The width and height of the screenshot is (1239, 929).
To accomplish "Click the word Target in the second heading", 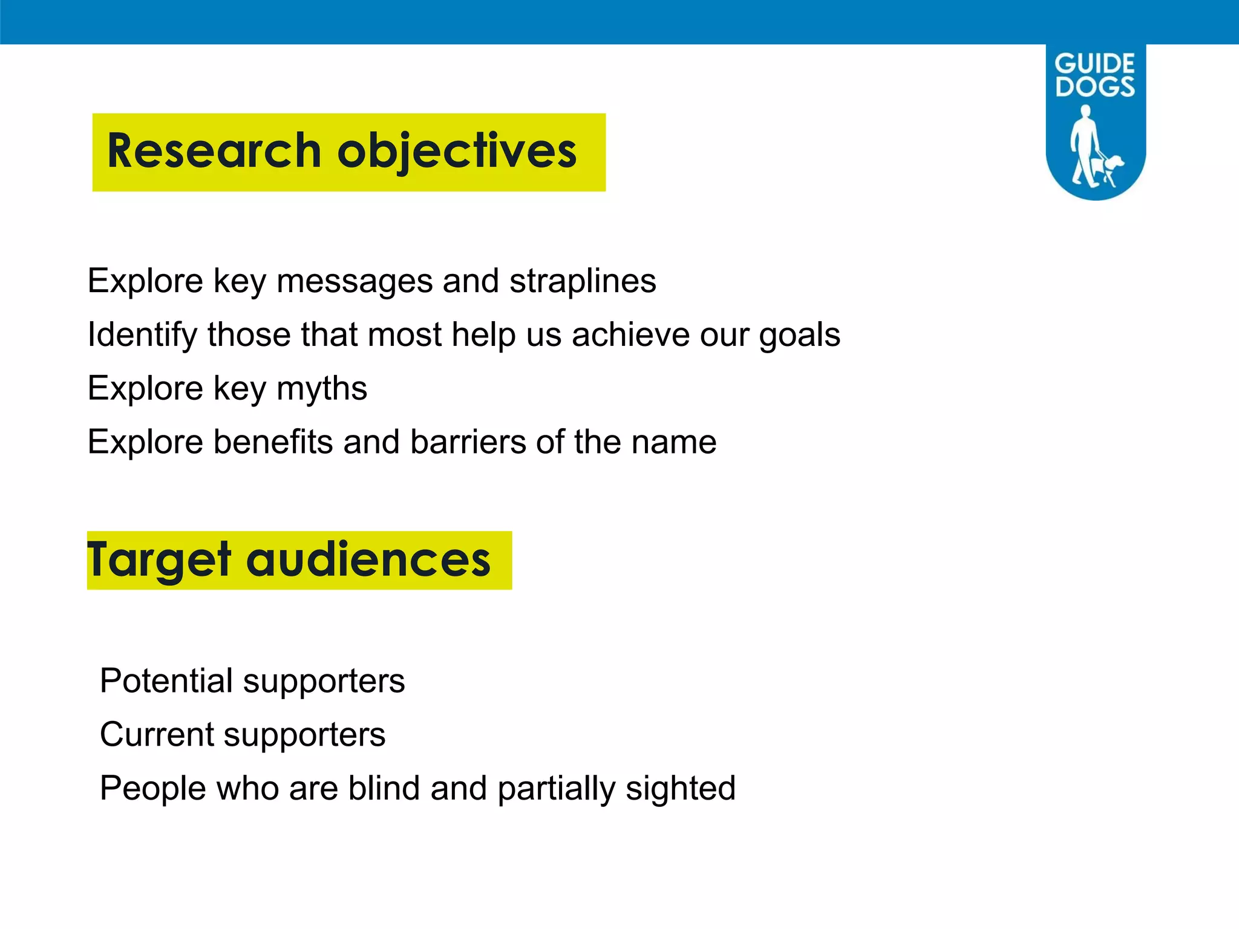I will (x=159, y=560).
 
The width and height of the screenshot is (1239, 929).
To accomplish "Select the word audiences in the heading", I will (x=368, y=560).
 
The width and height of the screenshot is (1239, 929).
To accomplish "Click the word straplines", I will (x=582, y=281).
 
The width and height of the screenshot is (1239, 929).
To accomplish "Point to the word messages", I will (x=355, y=281).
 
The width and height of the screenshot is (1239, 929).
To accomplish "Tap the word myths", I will (x=321, y=388).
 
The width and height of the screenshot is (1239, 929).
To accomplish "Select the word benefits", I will (x=273, y=442).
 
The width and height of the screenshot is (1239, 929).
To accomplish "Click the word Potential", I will (x=166, y=680).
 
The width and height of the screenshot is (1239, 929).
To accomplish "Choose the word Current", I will (x=157, y=734).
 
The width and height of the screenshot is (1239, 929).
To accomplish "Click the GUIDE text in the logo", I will (x=1094, y=64).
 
